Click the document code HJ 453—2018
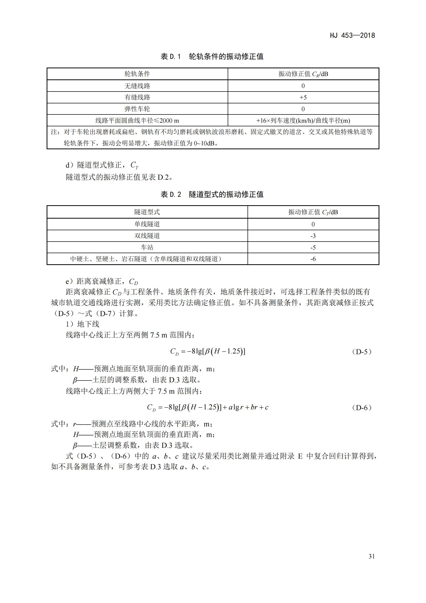tap(352, 36)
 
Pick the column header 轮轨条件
tap(137, 74)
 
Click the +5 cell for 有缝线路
tap(303, 97)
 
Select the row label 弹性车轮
tap(137, 109)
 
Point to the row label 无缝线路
tap(137, 86)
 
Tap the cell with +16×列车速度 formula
tap(303, 121)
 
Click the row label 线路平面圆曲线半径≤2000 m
tap(137, 121)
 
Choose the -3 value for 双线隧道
tap(313, 236)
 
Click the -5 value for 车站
tap(313, 247)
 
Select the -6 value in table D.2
tap(313, 259)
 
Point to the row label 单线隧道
tap(147, 224)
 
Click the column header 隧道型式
tap(147, 212)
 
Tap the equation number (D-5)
tap(362, 352)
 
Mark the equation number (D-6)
tap(362, 408)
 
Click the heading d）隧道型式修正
tap(102, 165)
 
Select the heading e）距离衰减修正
tap(102, 282)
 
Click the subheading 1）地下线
tap(82, 324)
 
